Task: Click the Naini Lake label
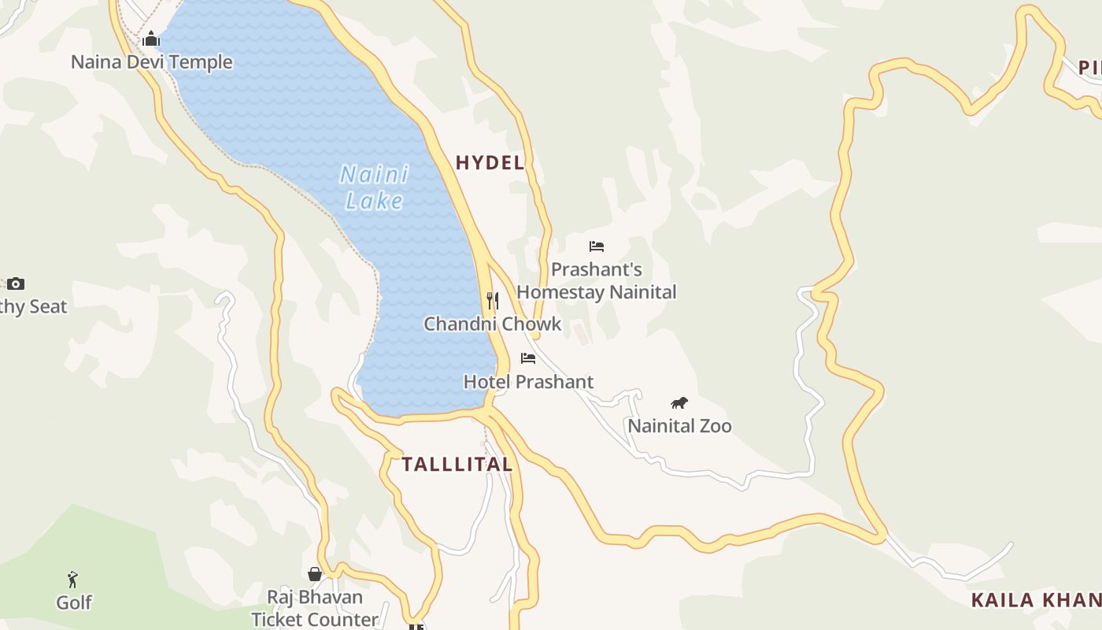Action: (x=375, y=187)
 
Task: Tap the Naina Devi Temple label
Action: (x=152, y=62)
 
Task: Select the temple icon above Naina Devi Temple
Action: (x=152, y=39)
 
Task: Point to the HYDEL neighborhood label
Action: (x=490, y=163)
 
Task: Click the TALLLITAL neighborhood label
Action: (x=457, y=465)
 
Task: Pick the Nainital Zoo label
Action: (x=679, y=426)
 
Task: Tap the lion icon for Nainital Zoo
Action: (x=679, y=403)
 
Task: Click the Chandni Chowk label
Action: (x=493, y=324)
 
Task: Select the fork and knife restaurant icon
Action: (x=493, y=300)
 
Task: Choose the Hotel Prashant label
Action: (x=528, y=382)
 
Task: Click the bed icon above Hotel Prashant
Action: (x=528, y=358)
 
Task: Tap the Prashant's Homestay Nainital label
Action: (x=597, y=281)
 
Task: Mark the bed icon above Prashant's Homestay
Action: (x=597, y=246)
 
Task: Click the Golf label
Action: (x=74, y=602)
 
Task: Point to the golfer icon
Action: (x=73, y=580)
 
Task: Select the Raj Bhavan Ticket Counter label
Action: (x=315, y=608)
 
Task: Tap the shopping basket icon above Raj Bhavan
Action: (x=315, y=574)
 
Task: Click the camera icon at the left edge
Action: (x=16, y=283)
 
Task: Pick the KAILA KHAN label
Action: (x=1036, y=600)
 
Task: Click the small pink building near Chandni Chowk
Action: (x=581, y=333)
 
